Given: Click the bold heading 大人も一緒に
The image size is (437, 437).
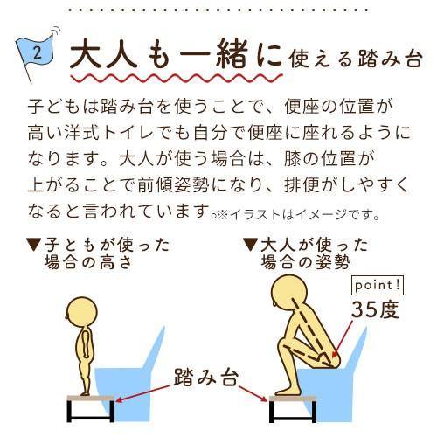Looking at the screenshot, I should [x=175, y=57].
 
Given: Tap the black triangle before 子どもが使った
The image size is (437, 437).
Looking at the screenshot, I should [x=34, y=243].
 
